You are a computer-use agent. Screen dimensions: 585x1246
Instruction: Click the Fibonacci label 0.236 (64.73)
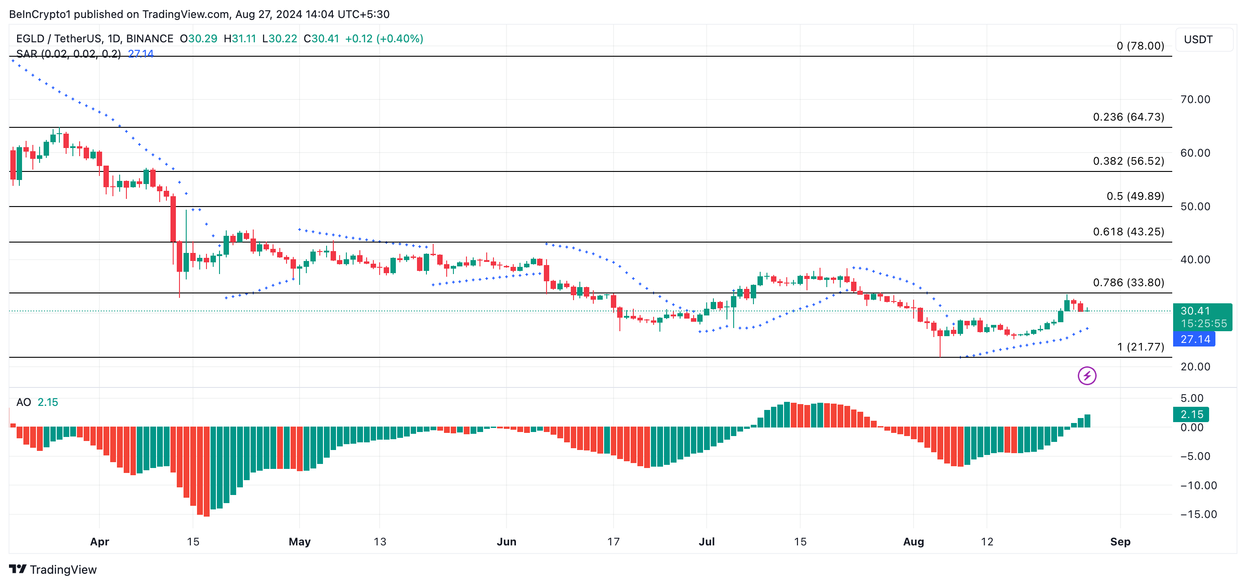[1128, 117]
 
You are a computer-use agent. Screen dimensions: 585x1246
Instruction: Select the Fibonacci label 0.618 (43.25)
[1128, 232]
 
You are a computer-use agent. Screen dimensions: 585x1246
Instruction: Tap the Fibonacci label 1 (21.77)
[1140, 347]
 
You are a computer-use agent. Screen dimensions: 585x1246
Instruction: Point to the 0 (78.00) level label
[1140, 46]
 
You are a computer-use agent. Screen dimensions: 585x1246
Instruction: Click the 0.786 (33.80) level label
[1128, 283]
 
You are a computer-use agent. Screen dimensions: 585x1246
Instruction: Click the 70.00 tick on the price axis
[1195, 100]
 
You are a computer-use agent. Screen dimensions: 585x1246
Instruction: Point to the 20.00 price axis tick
[1195, 367]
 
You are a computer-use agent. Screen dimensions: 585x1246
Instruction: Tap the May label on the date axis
[300, 542]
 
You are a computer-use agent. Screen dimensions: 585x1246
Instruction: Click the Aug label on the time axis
[913, 542]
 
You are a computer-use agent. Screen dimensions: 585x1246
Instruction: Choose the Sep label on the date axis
[1120, 542]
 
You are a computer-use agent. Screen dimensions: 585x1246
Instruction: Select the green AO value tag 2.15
[1191, 415]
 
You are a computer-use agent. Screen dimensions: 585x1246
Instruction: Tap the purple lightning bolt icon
[1086, 376]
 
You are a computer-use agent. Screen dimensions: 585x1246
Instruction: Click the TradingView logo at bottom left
[53, 570]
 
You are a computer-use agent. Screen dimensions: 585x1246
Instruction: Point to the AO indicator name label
[24, 403]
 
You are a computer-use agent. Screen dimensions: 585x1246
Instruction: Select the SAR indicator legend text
[68, 54]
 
